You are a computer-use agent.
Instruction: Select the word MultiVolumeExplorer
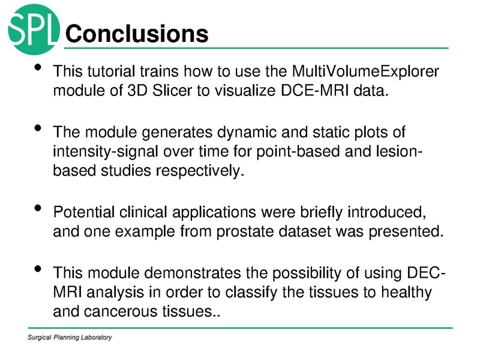(365, 73)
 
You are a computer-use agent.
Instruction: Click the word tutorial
(112, 73)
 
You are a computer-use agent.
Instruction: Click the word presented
(407, 232)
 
